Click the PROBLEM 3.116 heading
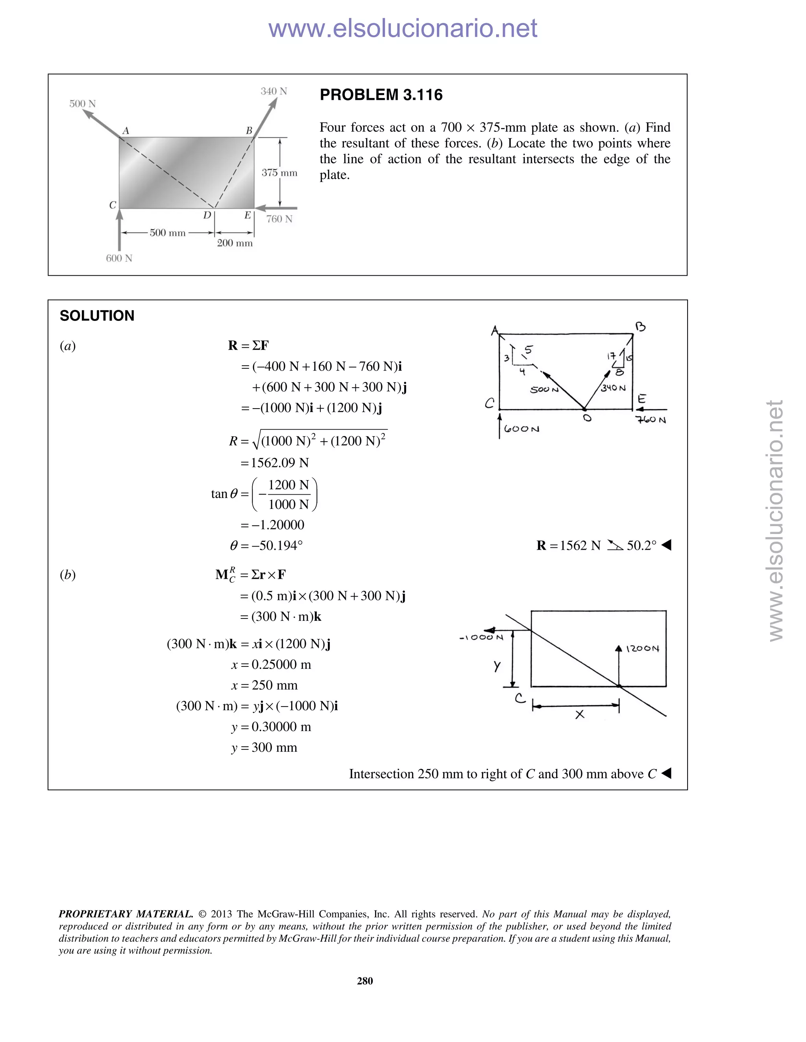coord(381,95)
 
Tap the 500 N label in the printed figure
coord(83,103)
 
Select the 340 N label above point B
coord(274,91)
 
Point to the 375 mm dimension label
coord(279,173)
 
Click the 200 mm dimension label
coord(235,243)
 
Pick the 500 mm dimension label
coord(168,233)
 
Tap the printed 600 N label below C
coord(119,258)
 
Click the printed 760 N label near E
coord(279,219)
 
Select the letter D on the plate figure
coord(207,215)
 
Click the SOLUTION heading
coord(97,316)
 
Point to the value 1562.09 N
coord(280,463)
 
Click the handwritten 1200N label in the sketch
coord(643,649)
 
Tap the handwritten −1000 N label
coord(481,637)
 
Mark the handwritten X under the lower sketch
coord(580,714)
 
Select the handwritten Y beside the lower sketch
coord(497,666)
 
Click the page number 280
coord(365,980)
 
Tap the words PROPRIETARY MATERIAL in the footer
coord(126,914)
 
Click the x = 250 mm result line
coord(264,685)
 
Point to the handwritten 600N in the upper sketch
coord(521,429)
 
